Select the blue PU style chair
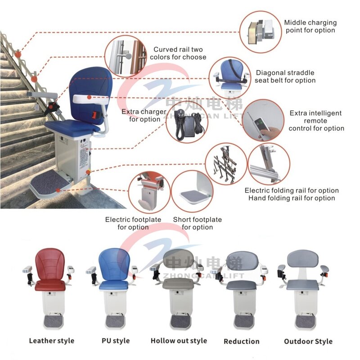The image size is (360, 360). [113, 288]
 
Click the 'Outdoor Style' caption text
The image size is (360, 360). [308, 341]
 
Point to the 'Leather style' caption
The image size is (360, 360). [52, 341]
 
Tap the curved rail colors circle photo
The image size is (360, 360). [126, 56]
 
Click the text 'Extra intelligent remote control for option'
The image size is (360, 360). [316, 121]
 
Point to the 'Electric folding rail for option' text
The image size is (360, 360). [292, 190]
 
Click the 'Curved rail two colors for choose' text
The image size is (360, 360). [180, 53]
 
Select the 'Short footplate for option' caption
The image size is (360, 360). [198, 223]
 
